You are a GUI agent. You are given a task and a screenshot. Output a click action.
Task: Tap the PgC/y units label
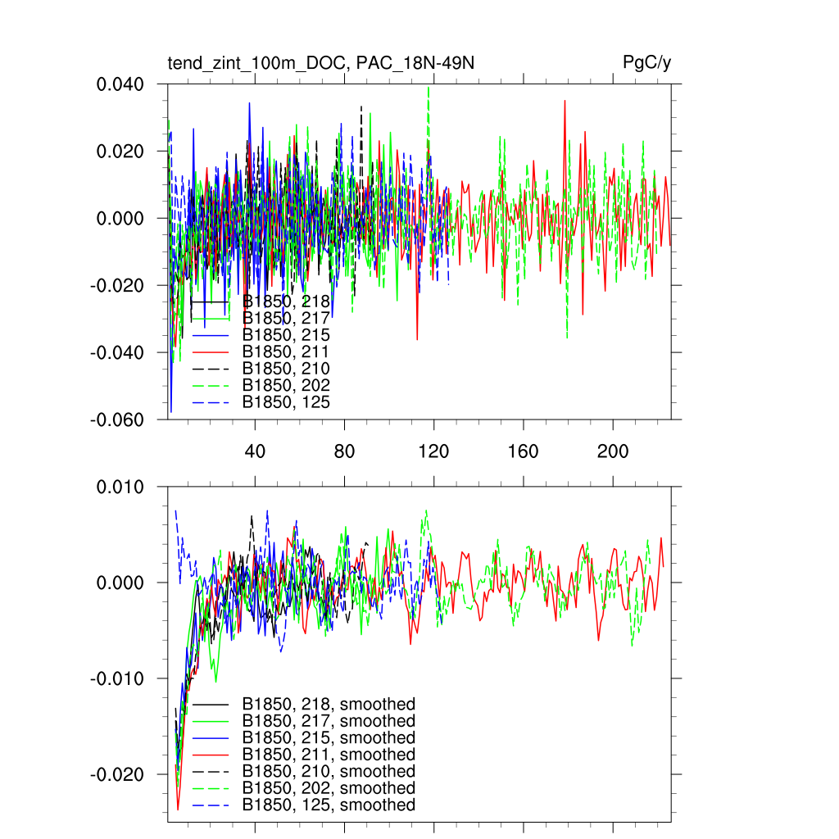tap(647, 62)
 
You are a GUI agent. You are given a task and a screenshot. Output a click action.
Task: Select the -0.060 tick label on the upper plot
tap(120, 419)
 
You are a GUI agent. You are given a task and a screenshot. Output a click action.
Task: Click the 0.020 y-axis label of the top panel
tap(122, 152)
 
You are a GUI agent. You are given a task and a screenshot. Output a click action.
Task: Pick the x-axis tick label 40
tap(255, 451)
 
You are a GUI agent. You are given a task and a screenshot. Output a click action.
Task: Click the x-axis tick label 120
tap(433, 451)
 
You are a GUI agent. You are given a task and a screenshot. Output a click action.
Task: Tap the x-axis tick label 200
tap(612, 451)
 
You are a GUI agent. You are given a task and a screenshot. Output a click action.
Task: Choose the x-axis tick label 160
tap(523, 451)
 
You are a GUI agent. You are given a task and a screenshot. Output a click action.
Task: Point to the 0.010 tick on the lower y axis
tap(122, 488)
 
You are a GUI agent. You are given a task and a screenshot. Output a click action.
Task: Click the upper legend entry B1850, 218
tap(286, 302)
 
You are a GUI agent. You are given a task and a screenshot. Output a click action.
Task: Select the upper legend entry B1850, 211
tap(286, 352)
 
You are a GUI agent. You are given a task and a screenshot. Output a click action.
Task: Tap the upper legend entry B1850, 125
tap(286, 402)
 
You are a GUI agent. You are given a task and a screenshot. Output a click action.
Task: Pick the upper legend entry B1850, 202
tap(286, 386)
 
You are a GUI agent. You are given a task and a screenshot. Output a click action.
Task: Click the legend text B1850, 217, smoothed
tap(329, 721)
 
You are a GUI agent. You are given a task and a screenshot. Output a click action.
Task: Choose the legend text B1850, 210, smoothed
tap(329, 772)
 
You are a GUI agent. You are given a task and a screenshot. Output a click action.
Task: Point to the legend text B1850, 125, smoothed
tap(329, 805)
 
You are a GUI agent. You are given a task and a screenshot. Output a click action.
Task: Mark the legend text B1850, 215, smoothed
tap(329, 738)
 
